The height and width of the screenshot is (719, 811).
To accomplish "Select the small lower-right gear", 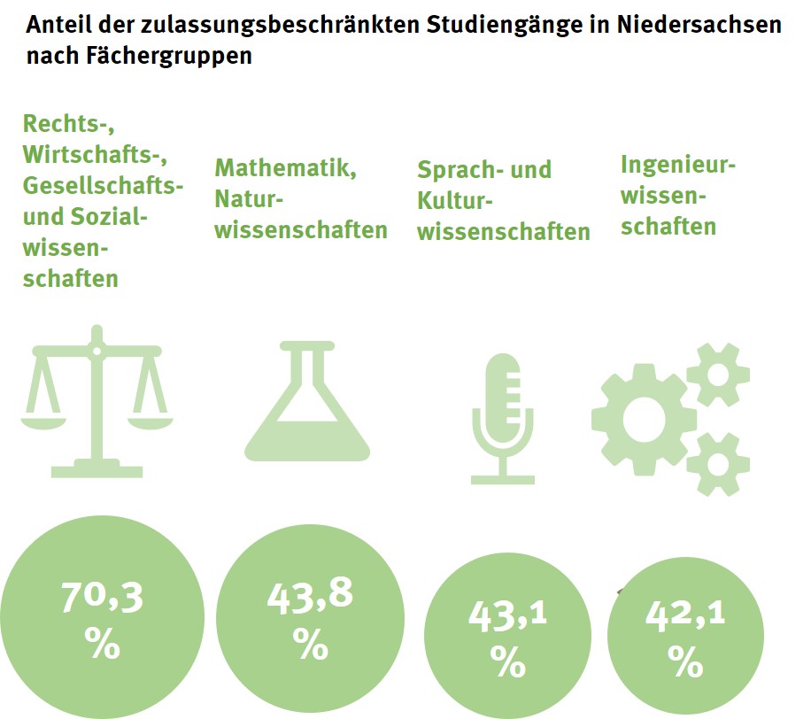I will tap(718, 463).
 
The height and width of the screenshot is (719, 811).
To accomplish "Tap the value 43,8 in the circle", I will tap(310, 596).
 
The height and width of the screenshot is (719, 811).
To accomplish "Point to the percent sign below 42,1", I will tap(685, 659).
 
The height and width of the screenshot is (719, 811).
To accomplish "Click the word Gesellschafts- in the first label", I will tap(104, 186).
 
